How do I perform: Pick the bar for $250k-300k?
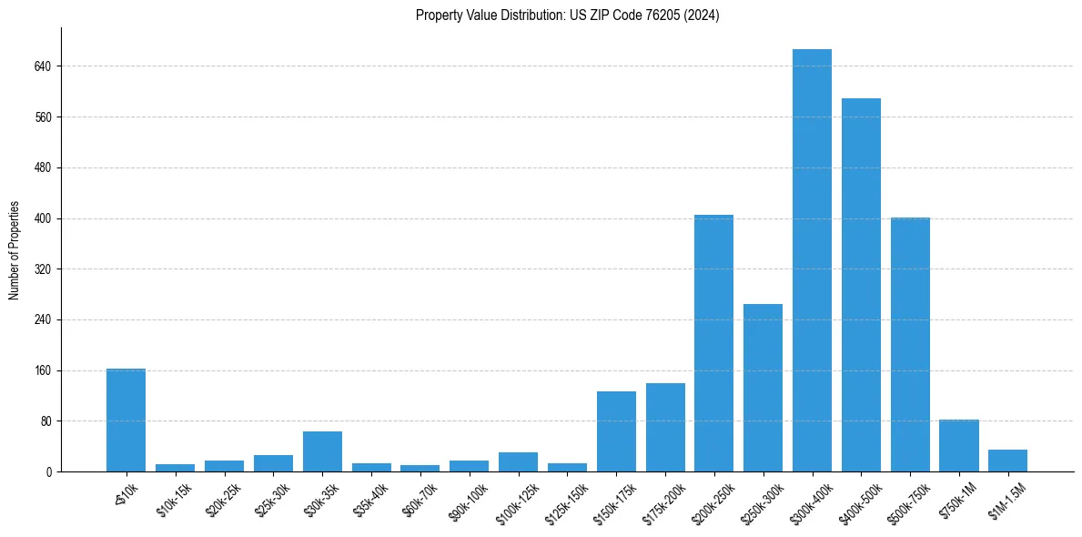coord(763,388)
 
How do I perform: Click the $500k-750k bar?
coord(910,345)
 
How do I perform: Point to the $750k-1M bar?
coord(958,446)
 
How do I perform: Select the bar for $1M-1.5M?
coord(1007,461)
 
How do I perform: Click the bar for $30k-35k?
coord(322,451)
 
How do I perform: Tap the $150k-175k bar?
coord(616,431)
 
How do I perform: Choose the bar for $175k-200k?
coord(665,428)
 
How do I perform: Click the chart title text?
coord(567,15)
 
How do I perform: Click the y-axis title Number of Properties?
coord(15,250)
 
